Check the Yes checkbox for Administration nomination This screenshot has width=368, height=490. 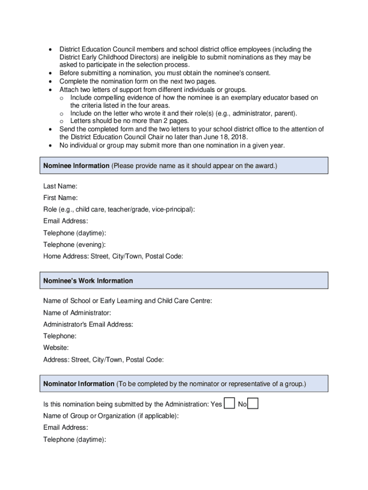point(229,404)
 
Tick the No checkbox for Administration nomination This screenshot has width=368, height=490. point(253,404)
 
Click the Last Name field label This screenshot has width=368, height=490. point(60,186)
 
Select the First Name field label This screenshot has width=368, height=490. point(60,198)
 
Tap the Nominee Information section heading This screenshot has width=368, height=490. point(76,166)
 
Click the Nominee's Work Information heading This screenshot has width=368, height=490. point(88,281)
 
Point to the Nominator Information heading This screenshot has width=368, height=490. point(79,384)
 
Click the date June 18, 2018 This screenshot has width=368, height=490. point(225,137)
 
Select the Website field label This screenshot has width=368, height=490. point(56,348)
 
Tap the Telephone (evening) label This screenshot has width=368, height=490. point(75,245)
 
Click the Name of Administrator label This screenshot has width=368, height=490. point(77,313)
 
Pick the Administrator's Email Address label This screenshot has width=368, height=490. point(88,324)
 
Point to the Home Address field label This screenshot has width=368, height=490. point(113,256)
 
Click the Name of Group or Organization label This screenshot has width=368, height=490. point(111,416)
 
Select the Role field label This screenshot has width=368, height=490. point(119,210)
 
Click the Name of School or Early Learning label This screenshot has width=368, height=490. point(128,301)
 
